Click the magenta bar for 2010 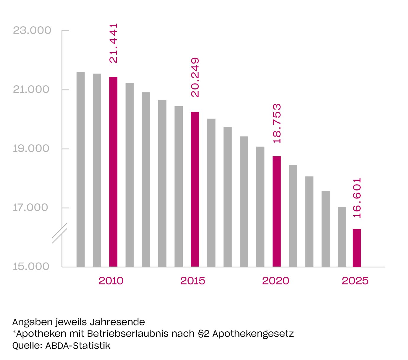click(x=113, y=172)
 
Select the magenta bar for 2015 click(x=195, y=189)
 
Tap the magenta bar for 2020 click(x=276, y=211)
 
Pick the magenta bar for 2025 click(x=357, y=248)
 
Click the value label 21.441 click(x=114, y=43)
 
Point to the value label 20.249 click(x=195, y=77)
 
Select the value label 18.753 click(x=277, y=123)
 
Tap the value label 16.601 click(x=357, y=198)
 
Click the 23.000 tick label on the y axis click(x=32, y=30)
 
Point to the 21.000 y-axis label click(x=31, y=89)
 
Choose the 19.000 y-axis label click(x=31, y=149)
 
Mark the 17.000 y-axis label click(x=30, y=208)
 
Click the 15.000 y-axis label click(x=31, y=266)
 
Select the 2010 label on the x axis click(x=111, y=281)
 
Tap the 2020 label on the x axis click(x=276, y=281)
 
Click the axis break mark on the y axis click(x=60, y=233)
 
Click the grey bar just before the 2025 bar click(x=342, y=237)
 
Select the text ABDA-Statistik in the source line click(x=78, y=346)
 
